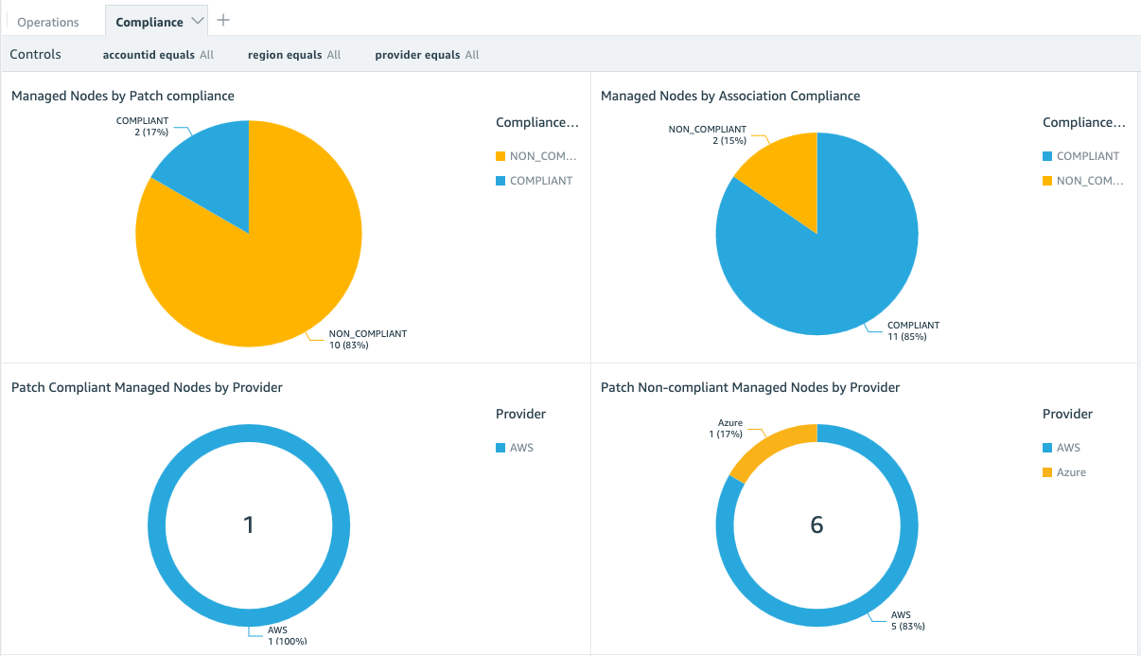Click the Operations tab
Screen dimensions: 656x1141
click(x=48, y=22)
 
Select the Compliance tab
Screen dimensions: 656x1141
click(x=149, y=22)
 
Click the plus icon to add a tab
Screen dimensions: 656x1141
click(x=223, y=20)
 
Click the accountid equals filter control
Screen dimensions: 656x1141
click(x=158, y=55)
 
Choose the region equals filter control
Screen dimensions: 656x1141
click(x=293, y=55)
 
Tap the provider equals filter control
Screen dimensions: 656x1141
click(x=427, y=55)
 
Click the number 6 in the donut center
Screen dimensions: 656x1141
click(x=816, y=525)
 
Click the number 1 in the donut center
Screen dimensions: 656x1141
click(x=249, y=525)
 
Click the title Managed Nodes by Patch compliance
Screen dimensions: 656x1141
click(x=123, y=96)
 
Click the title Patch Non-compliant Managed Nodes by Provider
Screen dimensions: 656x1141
click(x=750, y=387)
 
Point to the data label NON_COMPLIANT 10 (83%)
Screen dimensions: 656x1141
click(x=367, y=339)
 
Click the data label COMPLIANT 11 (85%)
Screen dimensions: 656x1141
click(x=913, y=330)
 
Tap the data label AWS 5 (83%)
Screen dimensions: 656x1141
click(x=907, y=620)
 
